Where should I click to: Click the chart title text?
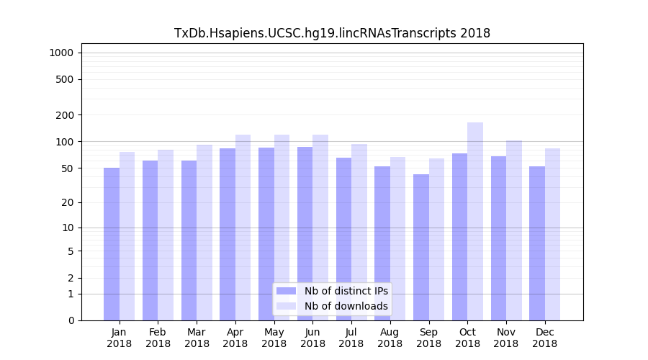click(x=332, y=33)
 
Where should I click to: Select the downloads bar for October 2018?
click(x=475, y=221)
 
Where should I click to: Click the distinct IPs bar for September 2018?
click(x=421, y=247)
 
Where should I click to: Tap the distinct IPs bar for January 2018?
click(x=112, y=244)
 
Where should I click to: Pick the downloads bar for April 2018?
click(x=243, y=228)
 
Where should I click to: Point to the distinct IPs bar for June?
click(x=305, y=233)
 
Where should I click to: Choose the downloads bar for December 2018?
click(x=552, y=234)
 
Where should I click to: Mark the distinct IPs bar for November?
click(x=498, y=238)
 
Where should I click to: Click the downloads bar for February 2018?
click(x=166, y=235)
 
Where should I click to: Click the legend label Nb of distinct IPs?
click(x=346, y=291)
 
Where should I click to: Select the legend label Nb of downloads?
click(x=346, y=306)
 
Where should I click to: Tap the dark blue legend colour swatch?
click(x=286, y=291)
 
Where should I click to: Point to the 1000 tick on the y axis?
click(x=61, y=53)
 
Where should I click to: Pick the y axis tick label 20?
click(x=68, y=202)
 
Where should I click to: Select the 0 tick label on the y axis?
click(x=71, y=320)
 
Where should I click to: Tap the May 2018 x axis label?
click(x=274, y=338)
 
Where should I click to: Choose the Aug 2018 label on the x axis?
click(x=390, y=338)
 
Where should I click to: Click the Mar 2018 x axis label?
click(x=197, y=338)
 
